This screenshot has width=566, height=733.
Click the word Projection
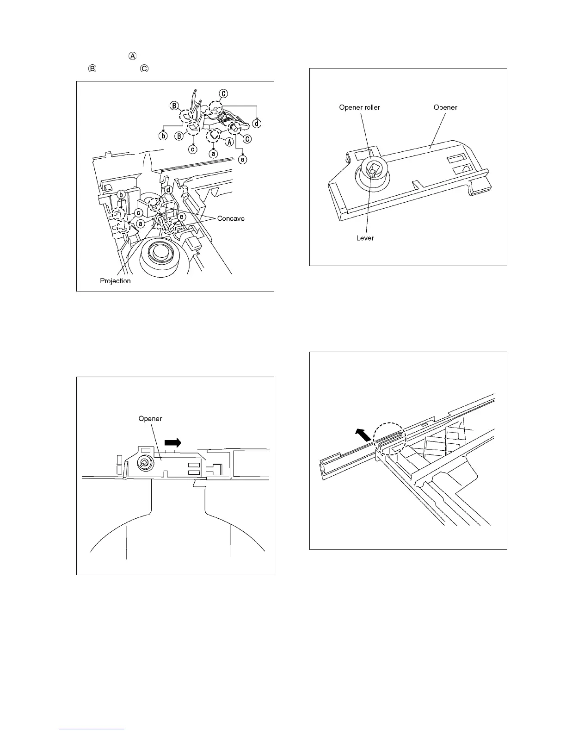pos(115,281)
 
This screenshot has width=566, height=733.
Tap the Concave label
pos(231,218)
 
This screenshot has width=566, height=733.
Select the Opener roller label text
pos(359,107)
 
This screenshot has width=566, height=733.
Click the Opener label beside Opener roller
pos(445,107)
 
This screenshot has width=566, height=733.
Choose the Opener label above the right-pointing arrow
pos(150,418)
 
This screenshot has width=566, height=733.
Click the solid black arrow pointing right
pos(172,442)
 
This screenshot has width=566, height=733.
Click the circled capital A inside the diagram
pos(228,142)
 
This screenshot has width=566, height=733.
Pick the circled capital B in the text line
pos(92,68)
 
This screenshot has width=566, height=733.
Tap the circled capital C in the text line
pos(144,68)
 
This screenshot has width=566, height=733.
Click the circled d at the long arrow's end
pos(256,124)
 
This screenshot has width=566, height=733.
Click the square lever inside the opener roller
pos(373,172)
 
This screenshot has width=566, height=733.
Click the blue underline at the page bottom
pos(92,729)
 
